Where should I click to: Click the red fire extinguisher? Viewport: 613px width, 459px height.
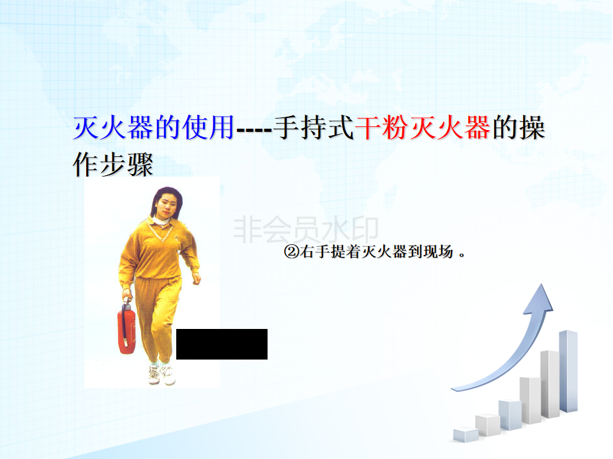[126, 326]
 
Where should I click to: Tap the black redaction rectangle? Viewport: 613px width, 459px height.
[222, 344]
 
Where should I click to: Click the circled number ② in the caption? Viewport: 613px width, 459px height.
[291, 252]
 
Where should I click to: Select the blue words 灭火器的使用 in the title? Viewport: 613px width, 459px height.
[154, 127]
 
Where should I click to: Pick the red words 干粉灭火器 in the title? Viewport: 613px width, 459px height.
[423, 127]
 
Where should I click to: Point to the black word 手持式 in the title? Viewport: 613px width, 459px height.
[314, 127]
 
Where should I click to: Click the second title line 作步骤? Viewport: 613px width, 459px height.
[113, 164]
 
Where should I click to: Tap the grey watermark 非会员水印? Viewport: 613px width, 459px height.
[306, 230]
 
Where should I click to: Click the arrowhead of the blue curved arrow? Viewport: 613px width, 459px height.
[539, 298]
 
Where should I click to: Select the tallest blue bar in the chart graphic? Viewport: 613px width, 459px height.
[568, 371]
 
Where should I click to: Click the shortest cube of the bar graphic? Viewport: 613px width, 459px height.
[465, 435]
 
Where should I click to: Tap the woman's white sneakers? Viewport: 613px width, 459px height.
[162, 374]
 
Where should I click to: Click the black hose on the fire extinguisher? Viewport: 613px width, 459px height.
[124, 324]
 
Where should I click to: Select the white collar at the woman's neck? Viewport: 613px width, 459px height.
[162, 221]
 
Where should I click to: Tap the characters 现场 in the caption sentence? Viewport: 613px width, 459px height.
[439, 252]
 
